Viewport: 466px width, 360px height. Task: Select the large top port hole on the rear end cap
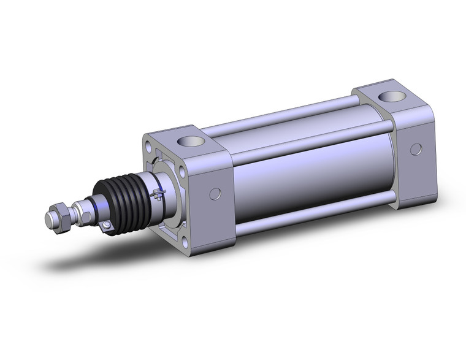pyautogui.click(x=389, y=97)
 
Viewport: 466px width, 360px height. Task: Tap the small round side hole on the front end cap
pyautogui.click(x=215, y=194)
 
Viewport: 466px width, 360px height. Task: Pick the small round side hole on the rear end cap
pyautogui.click(x=415, y=149)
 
